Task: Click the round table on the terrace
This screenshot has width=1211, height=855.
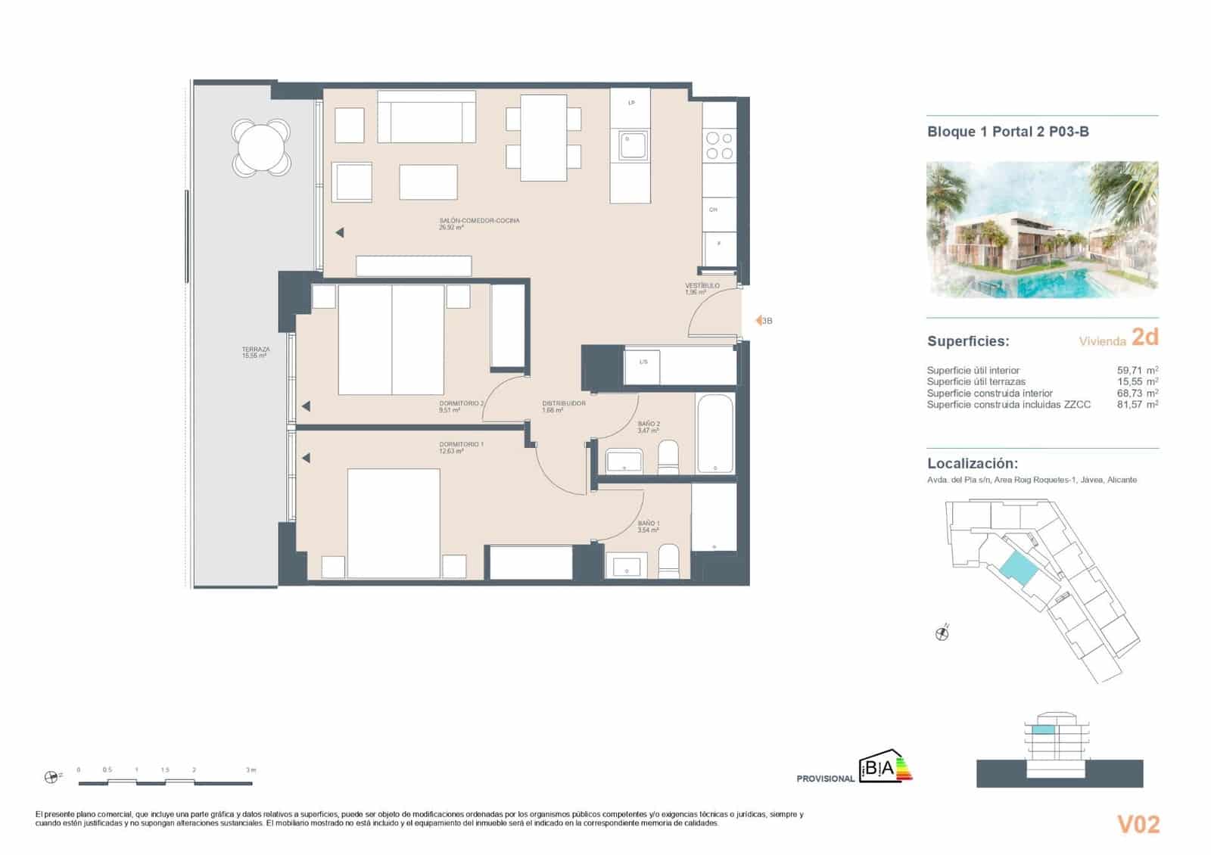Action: tap(260, 148)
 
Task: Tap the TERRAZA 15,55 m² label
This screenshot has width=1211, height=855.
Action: tap(255, 353)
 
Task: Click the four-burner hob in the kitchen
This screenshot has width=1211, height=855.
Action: tap(719, 145)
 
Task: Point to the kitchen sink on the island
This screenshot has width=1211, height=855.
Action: tap(633, 145)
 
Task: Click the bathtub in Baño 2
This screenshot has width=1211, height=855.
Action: tap(714, 434)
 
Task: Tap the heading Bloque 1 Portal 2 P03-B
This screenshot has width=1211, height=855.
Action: tap(1007, 132)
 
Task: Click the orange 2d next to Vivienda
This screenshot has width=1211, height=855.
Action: tap(1144, 337)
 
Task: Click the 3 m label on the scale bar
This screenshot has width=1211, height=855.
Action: tap(251, 770)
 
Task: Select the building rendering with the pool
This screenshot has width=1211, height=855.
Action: tap(1042, 229)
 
